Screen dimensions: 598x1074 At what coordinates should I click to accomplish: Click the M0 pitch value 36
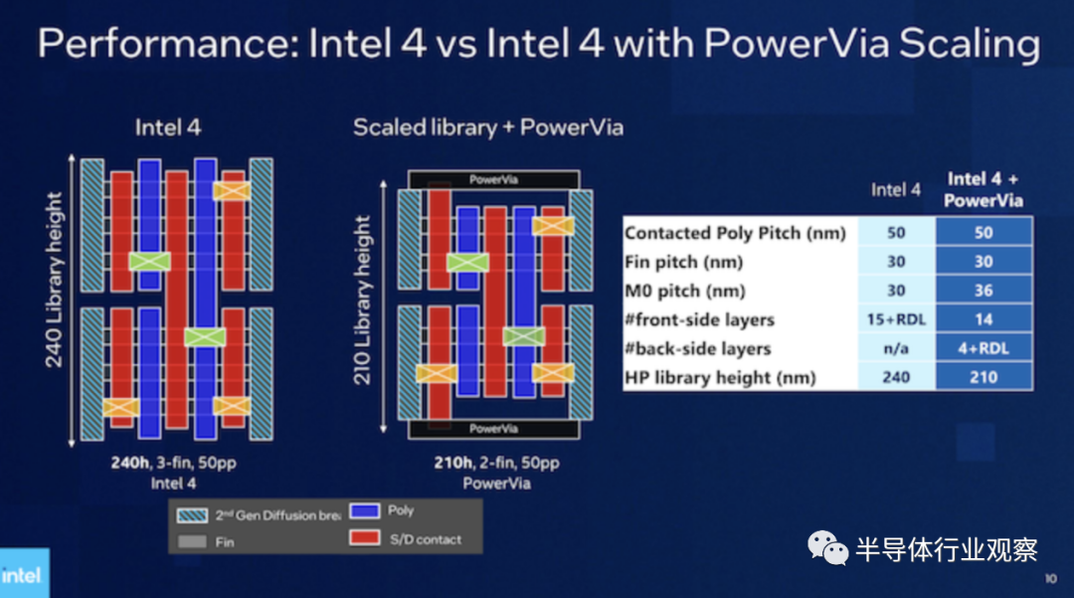coord(984,291)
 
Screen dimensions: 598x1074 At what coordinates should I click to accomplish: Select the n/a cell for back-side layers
coord(896,348)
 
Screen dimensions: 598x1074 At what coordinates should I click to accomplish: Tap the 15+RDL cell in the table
coord(896,319)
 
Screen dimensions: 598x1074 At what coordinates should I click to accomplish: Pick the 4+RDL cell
coord(984,348)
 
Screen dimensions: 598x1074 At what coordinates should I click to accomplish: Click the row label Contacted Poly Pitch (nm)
coord(735,233)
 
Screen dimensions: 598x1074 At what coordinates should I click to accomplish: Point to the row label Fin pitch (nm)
coord(683,262)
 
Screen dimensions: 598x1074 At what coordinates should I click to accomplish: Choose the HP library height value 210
coord(984,377)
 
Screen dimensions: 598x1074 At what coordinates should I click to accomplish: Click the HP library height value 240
coord(896,377)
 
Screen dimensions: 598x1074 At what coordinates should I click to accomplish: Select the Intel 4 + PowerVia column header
coord(984,189)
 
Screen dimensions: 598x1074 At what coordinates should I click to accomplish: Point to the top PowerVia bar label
coord(493,180)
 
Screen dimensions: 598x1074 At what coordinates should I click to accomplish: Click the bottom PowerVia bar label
coord(493,429)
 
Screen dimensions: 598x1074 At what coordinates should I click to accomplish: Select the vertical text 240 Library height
coord(54,280)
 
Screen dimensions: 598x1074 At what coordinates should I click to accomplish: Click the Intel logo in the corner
coord(21,574)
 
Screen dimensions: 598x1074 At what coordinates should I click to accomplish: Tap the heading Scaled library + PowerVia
coord(487,127)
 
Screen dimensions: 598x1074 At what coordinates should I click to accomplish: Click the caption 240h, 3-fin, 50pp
coord(175,464)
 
